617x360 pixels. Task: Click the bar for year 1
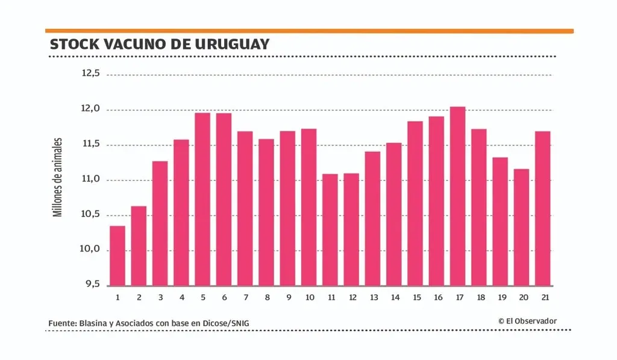[x=117, y=256]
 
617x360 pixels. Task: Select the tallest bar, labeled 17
[x=457, y=196]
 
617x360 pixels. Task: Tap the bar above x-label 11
[x=330, y=230]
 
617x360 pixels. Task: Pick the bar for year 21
[x=542, y=208]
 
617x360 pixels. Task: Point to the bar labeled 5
[x=202, y=199]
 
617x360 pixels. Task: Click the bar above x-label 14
[x=393, y=214]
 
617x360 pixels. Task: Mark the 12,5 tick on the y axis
[x=90, y=74]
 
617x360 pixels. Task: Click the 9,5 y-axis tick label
[x=91, y=285]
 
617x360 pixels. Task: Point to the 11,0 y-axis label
[x=91, y=180]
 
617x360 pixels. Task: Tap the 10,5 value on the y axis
[x=91, y=215]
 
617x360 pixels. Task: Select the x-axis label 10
[x=309, y=297]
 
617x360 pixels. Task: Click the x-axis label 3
[x=160, y=297]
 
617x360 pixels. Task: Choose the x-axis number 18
[x=479, y=297]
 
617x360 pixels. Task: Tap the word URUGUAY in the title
[x=232, y=45]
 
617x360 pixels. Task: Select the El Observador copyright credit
[x=527, y=321]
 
